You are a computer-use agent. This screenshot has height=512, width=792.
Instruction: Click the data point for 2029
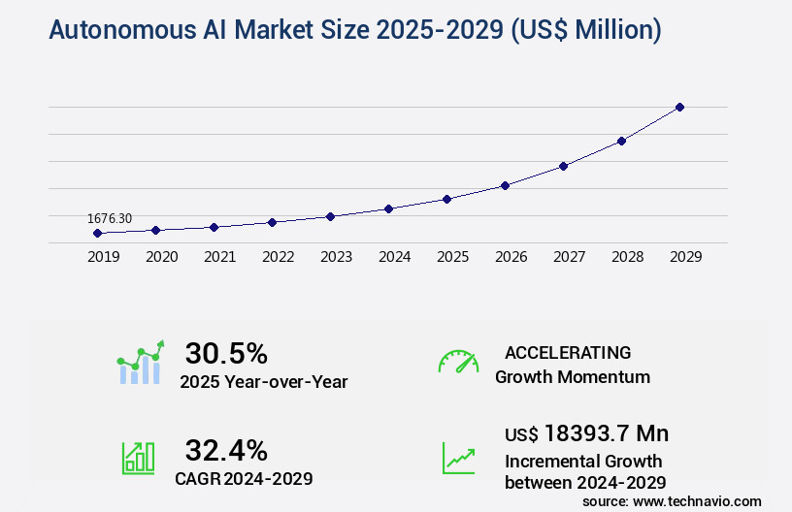tap(679, 107)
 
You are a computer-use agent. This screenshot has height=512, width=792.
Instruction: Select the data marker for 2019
tap(97, 233)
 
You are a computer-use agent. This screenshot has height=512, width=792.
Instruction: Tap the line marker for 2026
tap(505, 185)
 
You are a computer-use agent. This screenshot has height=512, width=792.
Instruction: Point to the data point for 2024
tap(388, 208)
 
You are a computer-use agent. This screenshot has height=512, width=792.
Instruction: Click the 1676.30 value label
tap(111, 219)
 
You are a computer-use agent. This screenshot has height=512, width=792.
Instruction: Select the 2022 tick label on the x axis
tap(278, 257)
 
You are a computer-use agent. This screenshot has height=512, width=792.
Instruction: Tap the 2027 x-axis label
tap(569, 257)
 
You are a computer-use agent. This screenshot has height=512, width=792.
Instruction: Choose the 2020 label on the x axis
tap(161, 257)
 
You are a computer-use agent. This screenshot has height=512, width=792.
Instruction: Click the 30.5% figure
tap(226, 353)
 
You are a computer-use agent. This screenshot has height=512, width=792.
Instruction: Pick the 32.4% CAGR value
tap(226, 450)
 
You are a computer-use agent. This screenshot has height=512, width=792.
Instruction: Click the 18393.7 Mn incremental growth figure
tap(586, 433)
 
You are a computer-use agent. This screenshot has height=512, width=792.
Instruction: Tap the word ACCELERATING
tap(568, 353)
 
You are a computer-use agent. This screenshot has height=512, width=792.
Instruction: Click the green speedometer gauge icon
tap(458, 362)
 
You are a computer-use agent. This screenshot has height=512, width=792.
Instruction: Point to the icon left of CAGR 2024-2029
tap(138, 458)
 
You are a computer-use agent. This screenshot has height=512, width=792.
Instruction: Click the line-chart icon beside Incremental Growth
tap(458, 458)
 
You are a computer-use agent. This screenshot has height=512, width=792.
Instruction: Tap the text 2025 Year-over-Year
tap(263, 382)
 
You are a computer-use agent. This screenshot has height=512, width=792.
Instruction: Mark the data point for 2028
tap(621, 141)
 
